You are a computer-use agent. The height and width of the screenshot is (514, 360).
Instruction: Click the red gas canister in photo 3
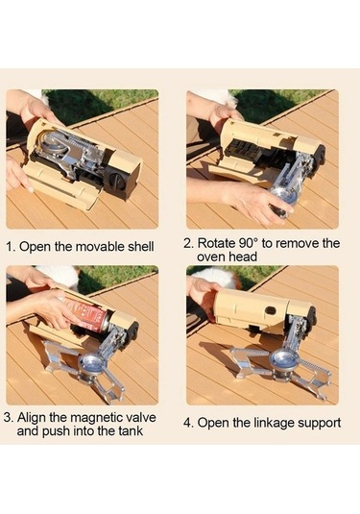click(x=85, y=313)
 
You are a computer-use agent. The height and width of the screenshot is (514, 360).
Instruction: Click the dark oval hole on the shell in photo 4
click(x=271, y=310)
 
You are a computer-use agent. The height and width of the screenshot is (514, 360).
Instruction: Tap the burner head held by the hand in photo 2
click(x=282, y=201)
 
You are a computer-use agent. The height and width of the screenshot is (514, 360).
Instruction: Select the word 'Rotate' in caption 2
click(x=217, y=244)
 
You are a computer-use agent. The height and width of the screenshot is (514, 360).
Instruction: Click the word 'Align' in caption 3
click(x=31, y=418)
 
